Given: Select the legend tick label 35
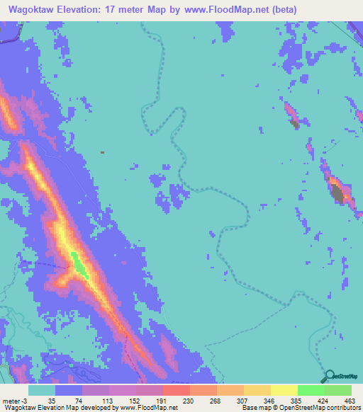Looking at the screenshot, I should (x=52, y=400).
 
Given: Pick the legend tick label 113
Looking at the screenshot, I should (x=107, y=400).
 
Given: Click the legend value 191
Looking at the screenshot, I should (x=161, y=400).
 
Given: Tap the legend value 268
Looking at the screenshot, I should (x=216, y=400).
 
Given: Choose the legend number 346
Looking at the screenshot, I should (x=270, y=400).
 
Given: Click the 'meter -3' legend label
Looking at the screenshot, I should (x=13, y=400).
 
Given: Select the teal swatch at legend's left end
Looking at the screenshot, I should (x=42, y=390).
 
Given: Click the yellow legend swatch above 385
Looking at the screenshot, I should (x=284, y=390).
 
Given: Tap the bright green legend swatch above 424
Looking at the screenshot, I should (x=311, y=390).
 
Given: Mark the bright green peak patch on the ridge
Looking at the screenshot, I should (x=79, y=264).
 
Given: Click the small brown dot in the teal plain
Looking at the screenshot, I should (x=103, y=151).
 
